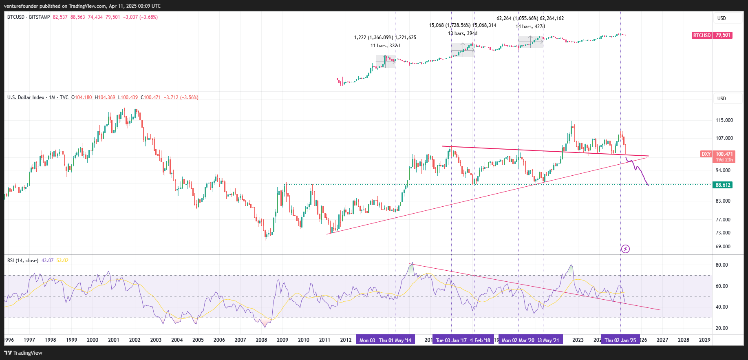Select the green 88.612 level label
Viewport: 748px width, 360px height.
pyautogui.click(x=723, y=185)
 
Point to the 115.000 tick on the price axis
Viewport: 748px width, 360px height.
pyautogui.click(x=724, y=120)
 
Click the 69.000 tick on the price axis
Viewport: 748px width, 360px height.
pyautogui.click(x=723, y=247)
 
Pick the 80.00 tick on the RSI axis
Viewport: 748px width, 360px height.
pyautogui.click(x=722, y=265)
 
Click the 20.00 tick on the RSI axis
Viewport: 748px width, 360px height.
pyautogui.click(x=722, y=328)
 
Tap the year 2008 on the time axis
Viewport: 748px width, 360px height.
pyautogui.click(x=261, y=340)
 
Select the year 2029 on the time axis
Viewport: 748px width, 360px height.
pyautogui.click(x=704, y=340)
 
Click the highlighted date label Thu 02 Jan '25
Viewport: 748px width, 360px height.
pyautogui.click(x=620, y=340)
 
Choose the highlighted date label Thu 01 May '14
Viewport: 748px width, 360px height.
pyautogui.click(x=395, y=340)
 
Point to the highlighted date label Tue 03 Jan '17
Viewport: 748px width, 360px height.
pyautogui.click(x=451, y=340)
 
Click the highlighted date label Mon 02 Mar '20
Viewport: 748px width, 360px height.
pyautogui.click(x=518, y=340)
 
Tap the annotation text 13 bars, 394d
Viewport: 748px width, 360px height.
pyautogui.click(x=463, y=33)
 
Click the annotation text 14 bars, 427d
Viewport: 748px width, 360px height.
pyautogui.click(x=530, y=27)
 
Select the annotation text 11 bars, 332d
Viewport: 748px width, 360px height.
pyautogui.click(x=385, y=46)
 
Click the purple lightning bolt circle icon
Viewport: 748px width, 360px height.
pyautogui.click(x=625, y=249)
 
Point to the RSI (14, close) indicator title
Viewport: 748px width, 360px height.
pyautogui.click(x=23, y=261)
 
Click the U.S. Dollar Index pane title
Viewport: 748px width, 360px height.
pyautogui.click(x=26, y=97)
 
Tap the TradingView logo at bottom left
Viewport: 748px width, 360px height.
pyautogui.click(x=24, y=353)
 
